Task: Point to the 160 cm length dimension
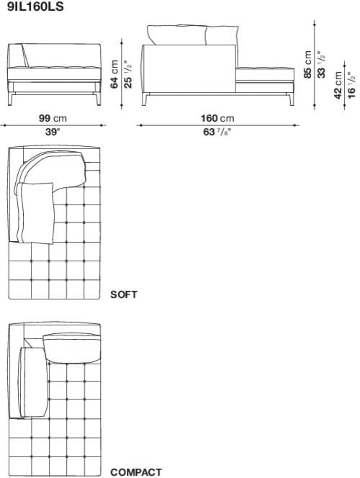click(217, 118)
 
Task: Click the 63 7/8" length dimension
click(217, 132)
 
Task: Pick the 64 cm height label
click(114, 75)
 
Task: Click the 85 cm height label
click(308, 65)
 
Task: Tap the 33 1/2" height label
click(321, 65)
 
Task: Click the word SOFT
click(124, 294)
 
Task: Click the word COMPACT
click(135, 472)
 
